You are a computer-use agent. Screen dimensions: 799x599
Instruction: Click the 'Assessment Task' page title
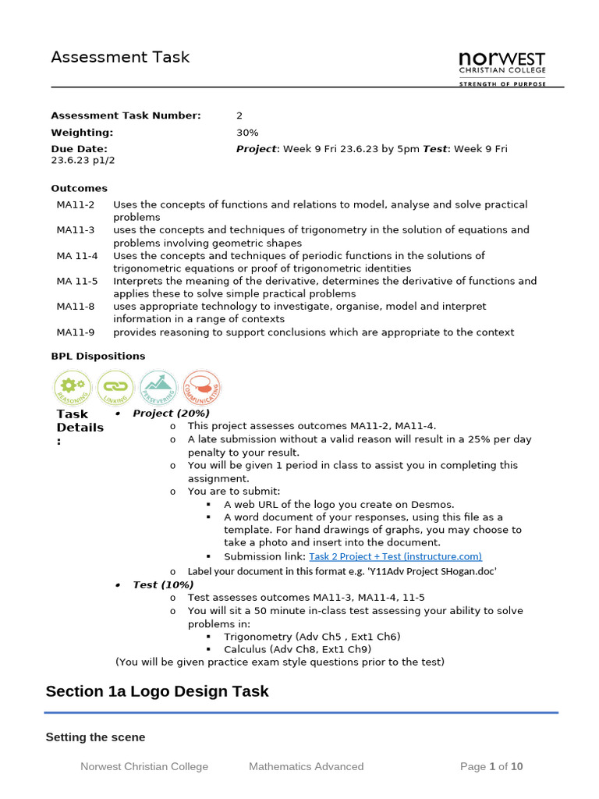(120, 57)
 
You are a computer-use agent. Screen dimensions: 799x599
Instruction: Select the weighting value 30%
(247, 133)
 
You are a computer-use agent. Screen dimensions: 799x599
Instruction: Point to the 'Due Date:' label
(80, 148)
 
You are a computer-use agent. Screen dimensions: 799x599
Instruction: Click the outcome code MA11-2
(75, 204)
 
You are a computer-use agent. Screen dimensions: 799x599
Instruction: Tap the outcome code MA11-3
(75, 230)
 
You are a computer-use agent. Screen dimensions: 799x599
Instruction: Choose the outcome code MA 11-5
(76, 281)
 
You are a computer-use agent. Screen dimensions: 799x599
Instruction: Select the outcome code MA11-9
(75, 332)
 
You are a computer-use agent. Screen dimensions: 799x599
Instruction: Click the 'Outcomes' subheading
(79, 188)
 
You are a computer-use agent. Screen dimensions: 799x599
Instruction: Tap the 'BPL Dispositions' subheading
(97, 356)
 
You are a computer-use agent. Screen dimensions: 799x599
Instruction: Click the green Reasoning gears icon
(73, 388)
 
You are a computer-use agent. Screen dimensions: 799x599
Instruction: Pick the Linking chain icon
(116, 388)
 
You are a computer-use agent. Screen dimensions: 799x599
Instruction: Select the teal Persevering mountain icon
(159, 388)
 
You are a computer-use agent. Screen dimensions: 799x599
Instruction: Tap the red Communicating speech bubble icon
(202, 388)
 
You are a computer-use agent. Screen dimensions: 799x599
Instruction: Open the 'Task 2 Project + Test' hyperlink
(395, 556)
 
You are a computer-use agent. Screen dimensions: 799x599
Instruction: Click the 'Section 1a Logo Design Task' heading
(157, 691)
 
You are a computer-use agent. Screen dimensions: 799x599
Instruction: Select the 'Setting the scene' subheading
(95, 737)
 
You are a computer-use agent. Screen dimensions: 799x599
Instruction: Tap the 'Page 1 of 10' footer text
(491, 766)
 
